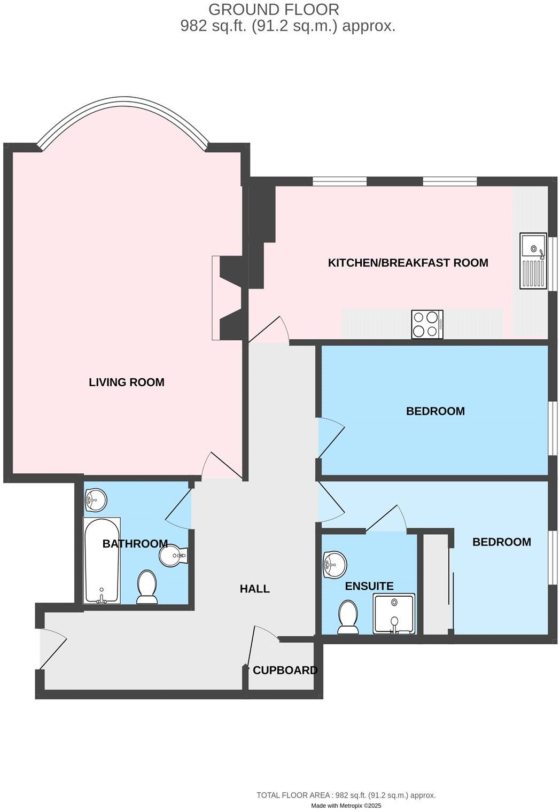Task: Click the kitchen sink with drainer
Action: tap(533, 261)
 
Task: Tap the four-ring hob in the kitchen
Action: tap(427, 324)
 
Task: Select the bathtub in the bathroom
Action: tap(102, 560)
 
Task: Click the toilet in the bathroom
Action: tap(146, 586)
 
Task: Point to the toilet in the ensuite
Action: tap(348, 617)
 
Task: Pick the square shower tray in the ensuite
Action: tap(394, 614)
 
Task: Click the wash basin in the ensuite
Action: tap(335, 564)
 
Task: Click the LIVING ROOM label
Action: tap(127, 382)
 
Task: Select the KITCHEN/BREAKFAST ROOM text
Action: tap(408, 263)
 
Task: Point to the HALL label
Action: tap(254, 589)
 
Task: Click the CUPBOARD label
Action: tap(285, 670)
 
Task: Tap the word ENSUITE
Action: tap(369, 586)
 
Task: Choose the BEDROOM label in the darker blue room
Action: tap(435, 411)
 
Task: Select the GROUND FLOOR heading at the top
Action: tap(273, 9)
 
